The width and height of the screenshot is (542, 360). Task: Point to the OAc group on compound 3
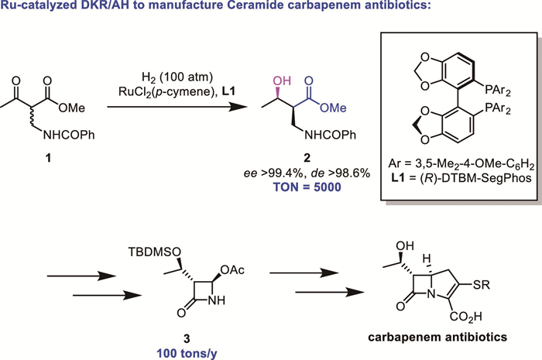(x=228, y=269)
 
